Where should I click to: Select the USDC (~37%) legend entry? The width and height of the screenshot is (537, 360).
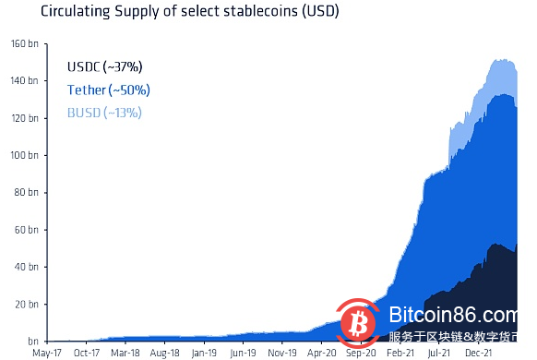[x=104, y=67]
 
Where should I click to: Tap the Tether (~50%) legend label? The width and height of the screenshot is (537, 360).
[x=108, y=90]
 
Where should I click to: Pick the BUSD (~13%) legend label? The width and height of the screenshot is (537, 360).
[x=104, y=113]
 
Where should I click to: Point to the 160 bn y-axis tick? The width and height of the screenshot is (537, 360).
[x=25, y=44]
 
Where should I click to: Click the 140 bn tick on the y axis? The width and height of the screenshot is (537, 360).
[x=25, y=81]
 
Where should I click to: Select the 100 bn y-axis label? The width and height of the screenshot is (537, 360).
[x=25, y=155]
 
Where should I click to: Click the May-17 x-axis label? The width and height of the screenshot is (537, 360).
[x=46, y=353]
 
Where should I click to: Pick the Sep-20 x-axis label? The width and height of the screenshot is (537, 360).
[x=360, y=353]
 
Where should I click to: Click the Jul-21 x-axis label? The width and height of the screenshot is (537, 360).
[x=437, y=353]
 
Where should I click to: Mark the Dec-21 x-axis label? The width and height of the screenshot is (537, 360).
[x=478, y=353]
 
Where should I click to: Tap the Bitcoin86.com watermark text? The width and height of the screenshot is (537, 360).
[x=454, y=316]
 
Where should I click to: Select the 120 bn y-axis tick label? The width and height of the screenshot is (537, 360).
[x=25, y=118]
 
